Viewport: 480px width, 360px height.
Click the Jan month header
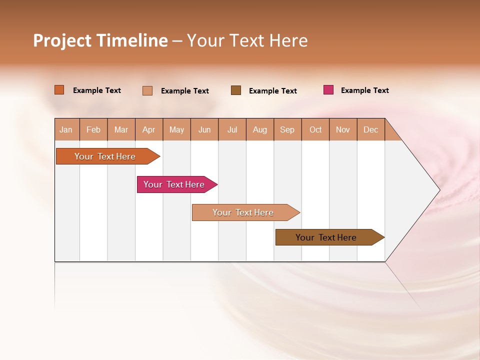(66, 129)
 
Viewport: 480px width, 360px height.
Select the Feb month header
(93, 129)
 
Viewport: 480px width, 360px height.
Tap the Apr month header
(148, 129)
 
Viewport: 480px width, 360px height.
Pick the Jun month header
(204, 129)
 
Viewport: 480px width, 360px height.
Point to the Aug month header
(259, 129)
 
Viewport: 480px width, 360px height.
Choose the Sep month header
(287, 129)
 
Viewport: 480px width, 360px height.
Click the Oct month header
(315, 129)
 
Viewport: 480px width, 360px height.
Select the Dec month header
(370, 129)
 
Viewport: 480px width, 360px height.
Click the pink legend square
(328, 90)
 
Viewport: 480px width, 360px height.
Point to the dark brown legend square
(236, 90)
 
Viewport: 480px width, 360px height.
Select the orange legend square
(59, 90)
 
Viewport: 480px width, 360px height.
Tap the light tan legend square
(147, 90)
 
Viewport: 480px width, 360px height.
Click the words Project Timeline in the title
(100, 40)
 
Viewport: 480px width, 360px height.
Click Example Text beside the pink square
(364, 90)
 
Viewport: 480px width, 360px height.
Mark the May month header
(176, 129)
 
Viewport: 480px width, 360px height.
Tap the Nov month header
(342, 129)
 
